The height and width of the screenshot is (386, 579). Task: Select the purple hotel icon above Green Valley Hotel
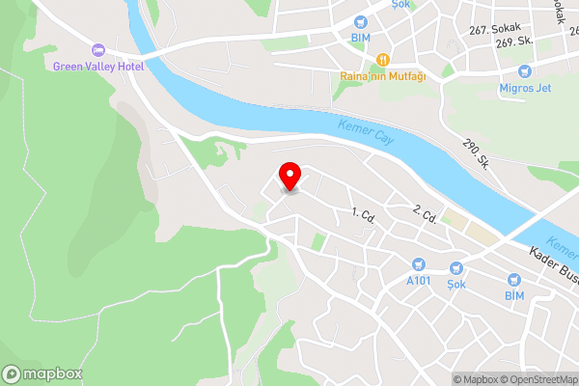[96, 49]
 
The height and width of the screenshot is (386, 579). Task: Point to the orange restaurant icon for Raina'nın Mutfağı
[383, 59]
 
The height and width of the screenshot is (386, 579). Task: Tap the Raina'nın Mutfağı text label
[382, 76]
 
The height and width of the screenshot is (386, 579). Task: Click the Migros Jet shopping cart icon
[524, 70]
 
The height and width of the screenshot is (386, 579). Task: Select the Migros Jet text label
[524, 88]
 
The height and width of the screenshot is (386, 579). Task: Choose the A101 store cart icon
[418, 263]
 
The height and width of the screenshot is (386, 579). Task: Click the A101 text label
[418, 281]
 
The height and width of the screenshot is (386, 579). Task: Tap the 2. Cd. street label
[425, 213]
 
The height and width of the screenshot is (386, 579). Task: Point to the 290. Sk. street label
[478, 153]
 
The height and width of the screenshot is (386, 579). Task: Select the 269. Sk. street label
[514, 42]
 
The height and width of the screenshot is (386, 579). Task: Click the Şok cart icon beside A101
[456, 267]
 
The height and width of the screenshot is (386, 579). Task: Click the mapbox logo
[42, 373]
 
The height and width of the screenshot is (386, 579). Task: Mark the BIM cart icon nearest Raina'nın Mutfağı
[361, 21]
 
